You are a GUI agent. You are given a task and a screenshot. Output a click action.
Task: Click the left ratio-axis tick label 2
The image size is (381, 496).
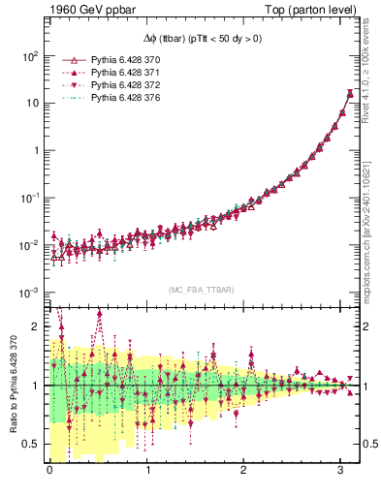(x=34, y=326)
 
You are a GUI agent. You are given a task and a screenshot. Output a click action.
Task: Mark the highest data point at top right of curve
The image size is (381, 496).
(x=349, y=93)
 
